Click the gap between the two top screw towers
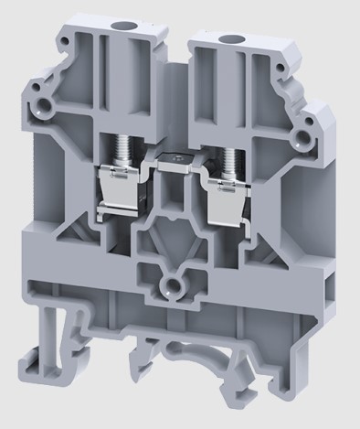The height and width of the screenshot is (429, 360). click(x=181, y=64)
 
